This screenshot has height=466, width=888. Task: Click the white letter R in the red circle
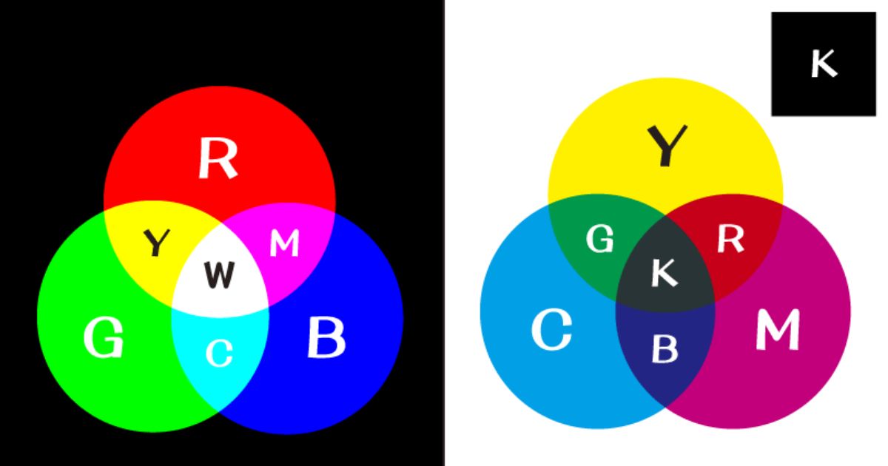coord(218,158)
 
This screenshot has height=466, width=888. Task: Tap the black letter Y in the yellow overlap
coord(157,242)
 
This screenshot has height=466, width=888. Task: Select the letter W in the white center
coord(220,274)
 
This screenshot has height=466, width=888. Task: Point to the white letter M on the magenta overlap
coord(284,243)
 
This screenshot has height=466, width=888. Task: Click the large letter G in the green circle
coord(104,337)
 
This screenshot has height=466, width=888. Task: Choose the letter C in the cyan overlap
coord(219,353)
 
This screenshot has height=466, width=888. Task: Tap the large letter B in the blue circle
coord(326,337)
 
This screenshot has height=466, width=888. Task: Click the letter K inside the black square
coord(824,63)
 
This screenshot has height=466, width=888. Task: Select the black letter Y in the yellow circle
coord(667,146)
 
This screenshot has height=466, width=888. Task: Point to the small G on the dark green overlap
coord(600,238)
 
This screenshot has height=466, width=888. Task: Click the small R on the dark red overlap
coord(730,238)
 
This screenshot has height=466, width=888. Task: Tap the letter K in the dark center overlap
coord(665,273)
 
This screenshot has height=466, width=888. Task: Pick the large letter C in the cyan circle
coord(551,330)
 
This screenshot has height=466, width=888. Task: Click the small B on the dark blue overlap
coord(665,348)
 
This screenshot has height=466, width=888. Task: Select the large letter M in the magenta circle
coord(778,330)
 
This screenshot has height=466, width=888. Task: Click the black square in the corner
coord(824,64)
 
